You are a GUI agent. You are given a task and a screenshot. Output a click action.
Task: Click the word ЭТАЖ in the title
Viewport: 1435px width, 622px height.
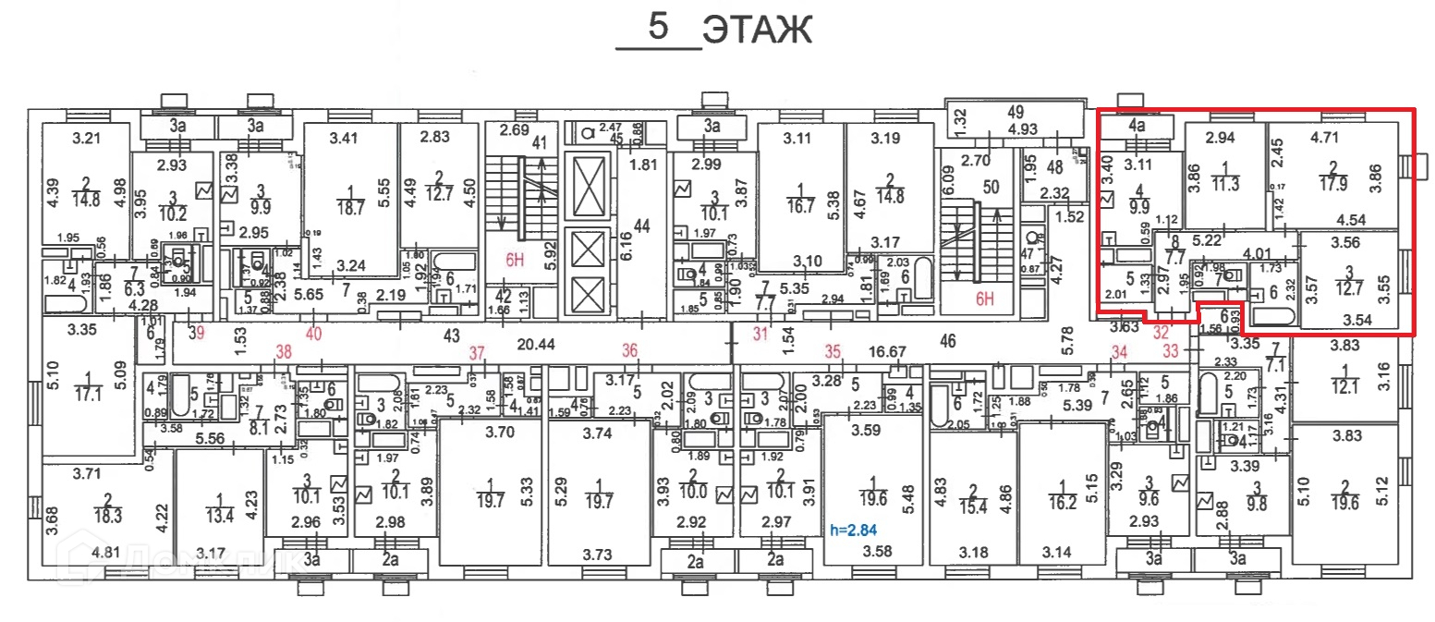pyautogui.click(x=756, y=30)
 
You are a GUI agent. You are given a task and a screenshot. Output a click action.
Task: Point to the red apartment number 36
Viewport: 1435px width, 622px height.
pyautogui.click(x=630, y=351)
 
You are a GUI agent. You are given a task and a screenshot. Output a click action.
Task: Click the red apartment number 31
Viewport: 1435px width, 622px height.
pyautogui.click(x=760, y=333)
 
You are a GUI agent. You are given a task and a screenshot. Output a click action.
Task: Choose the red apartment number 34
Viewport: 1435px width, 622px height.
pyautogui.click(x=1121, y=351)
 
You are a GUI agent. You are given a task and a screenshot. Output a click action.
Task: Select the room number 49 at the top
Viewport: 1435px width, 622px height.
pyautogui.click(x=1015, y=111)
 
